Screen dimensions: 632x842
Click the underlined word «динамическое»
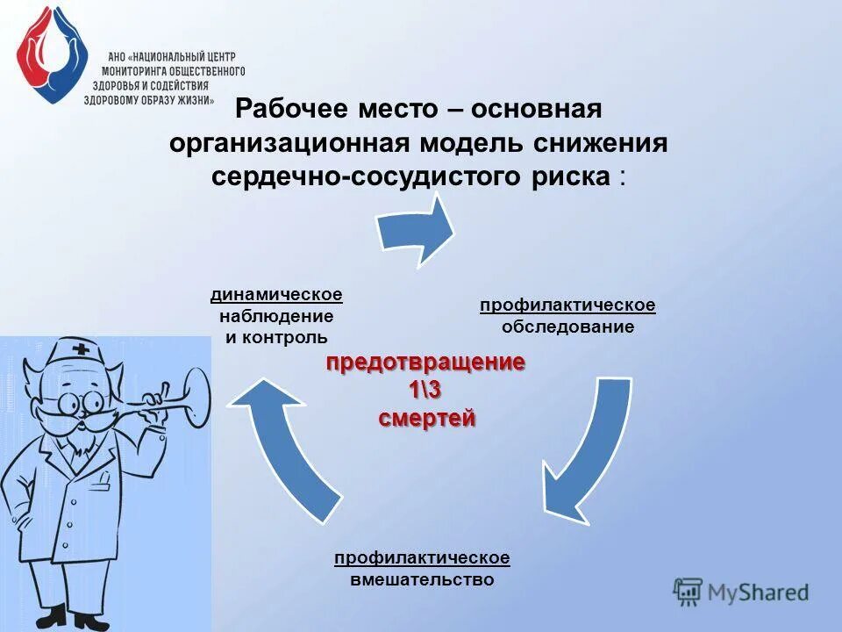tap(276, 293)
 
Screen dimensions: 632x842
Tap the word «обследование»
tap(567, 327)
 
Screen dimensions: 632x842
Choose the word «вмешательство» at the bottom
tap(422, 579)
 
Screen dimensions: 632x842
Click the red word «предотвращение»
tap(426, 363)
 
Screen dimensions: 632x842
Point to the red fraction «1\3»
tap(426, 391)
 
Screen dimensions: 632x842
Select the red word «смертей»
tap(426, 419)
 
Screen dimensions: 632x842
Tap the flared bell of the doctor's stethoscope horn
tap(196, 391)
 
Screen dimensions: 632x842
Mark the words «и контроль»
tap(276, 337)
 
